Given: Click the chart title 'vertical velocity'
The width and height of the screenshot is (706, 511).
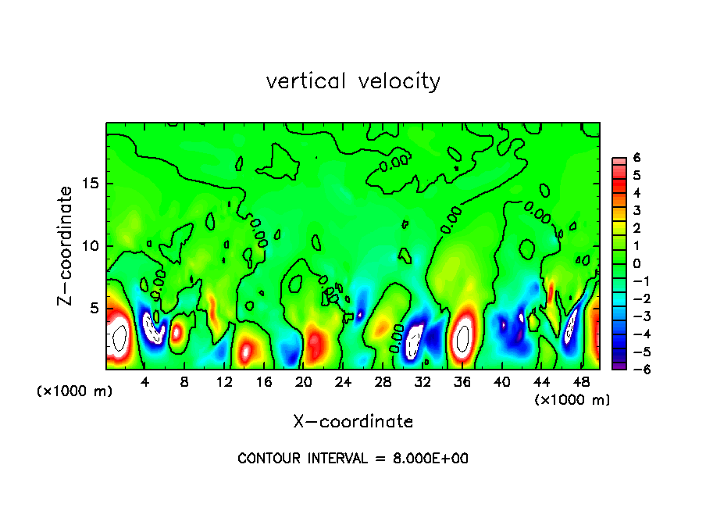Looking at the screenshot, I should tap(353, 81).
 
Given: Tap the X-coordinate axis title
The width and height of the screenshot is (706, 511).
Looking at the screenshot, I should tap(353, 422).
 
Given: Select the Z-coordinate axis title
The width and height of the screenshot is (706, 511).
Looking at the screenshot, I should tap(66, 245).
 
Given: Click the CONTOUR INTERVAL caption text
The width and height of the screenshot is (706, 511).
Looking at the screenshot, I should tap(353, 459).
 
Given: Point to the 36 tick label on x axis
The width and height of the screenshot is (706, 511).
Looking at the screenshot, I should tap(462, 382).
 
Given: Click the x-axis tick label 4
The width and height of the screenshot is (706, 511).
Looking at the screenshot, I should tap(145, 382).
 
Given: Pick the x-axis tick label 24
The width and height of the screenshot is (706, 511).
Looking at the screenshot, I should tap(343, 382).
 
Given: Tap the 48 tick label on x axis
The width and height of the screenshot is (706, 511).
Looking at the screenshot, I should tap(580, 382).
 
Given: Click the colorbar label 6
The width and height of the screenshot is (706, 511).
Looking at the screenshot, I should tap(636, 158).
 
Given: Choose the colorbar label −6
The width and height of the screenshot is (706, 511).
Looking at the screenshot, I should tap(634, 370).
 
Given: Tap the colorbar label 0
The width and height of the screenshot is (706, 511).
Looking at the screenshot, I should tap(636, 263).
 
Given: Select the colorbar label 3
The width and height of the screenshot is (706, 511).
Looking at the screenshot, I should tap(636, 211).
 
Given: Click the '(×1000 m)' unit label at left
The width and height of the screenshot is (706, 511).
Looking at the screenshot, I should tap(75, 391).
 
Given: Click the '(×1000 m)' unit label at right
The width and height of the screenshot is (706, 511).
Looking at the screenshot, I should tap(572, 399).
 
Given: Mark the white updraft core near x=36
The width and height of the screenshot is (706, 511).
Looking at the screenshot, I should tap(463, 336).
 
